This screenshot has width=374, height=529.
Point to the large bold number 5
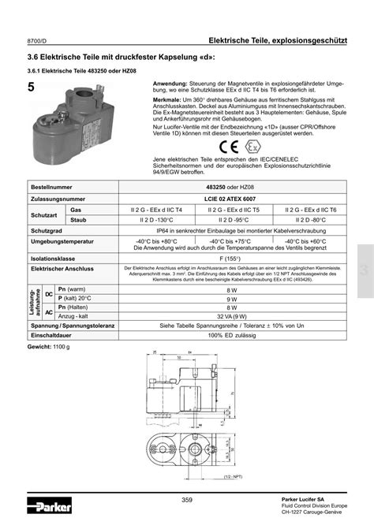[31, 88]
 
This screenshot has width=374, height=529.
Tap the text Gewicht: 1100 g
[49, 369]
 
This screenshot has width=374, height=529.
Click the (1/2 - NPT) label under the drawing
[231, 475]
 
